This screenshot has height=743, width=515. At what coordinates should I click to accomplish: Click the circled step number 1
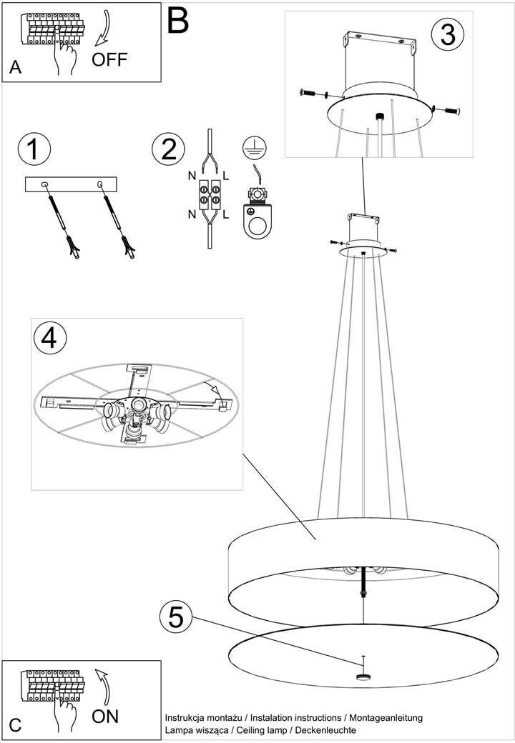(x=34, y=149)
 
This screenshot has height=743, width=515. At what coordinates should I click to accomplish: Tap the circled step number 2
(x=168, y=149)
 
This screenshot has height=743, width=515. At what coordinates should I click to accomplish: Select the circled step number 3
(x=448, y=34)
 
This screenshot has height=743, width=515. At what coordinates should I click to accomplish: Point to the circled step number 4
(x=50, y=339)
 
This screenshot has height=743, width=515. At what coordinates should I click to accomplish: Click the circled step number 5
(x=176, y=618)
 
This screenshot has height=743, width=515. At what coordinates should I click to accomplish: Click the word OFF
(x=109, y=60)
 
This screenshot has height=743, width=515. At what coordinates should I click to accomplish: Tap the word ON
(x=105, y=716)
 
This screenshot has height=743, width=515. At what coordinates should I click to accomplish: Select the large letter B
(x=178, y=21)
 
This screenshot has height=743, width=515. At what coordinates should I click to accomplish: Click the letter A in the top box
(x=15, y=67)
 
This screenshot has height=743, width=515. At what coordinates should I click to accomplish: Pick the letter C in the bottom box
(x=15, y=725)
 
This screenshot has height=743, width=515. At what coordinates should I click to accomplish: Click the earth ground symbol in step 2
(x=255, y=149)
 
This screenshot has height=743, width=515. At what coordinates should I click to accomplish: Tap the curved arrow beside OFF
(x=103, y=29)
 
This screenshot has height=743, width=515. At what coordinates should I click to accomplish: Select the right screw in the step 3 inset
(x=449, y=111)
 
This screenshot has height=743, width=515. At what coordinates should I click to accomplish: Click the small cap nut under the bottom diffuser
(x=363, y=676)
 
